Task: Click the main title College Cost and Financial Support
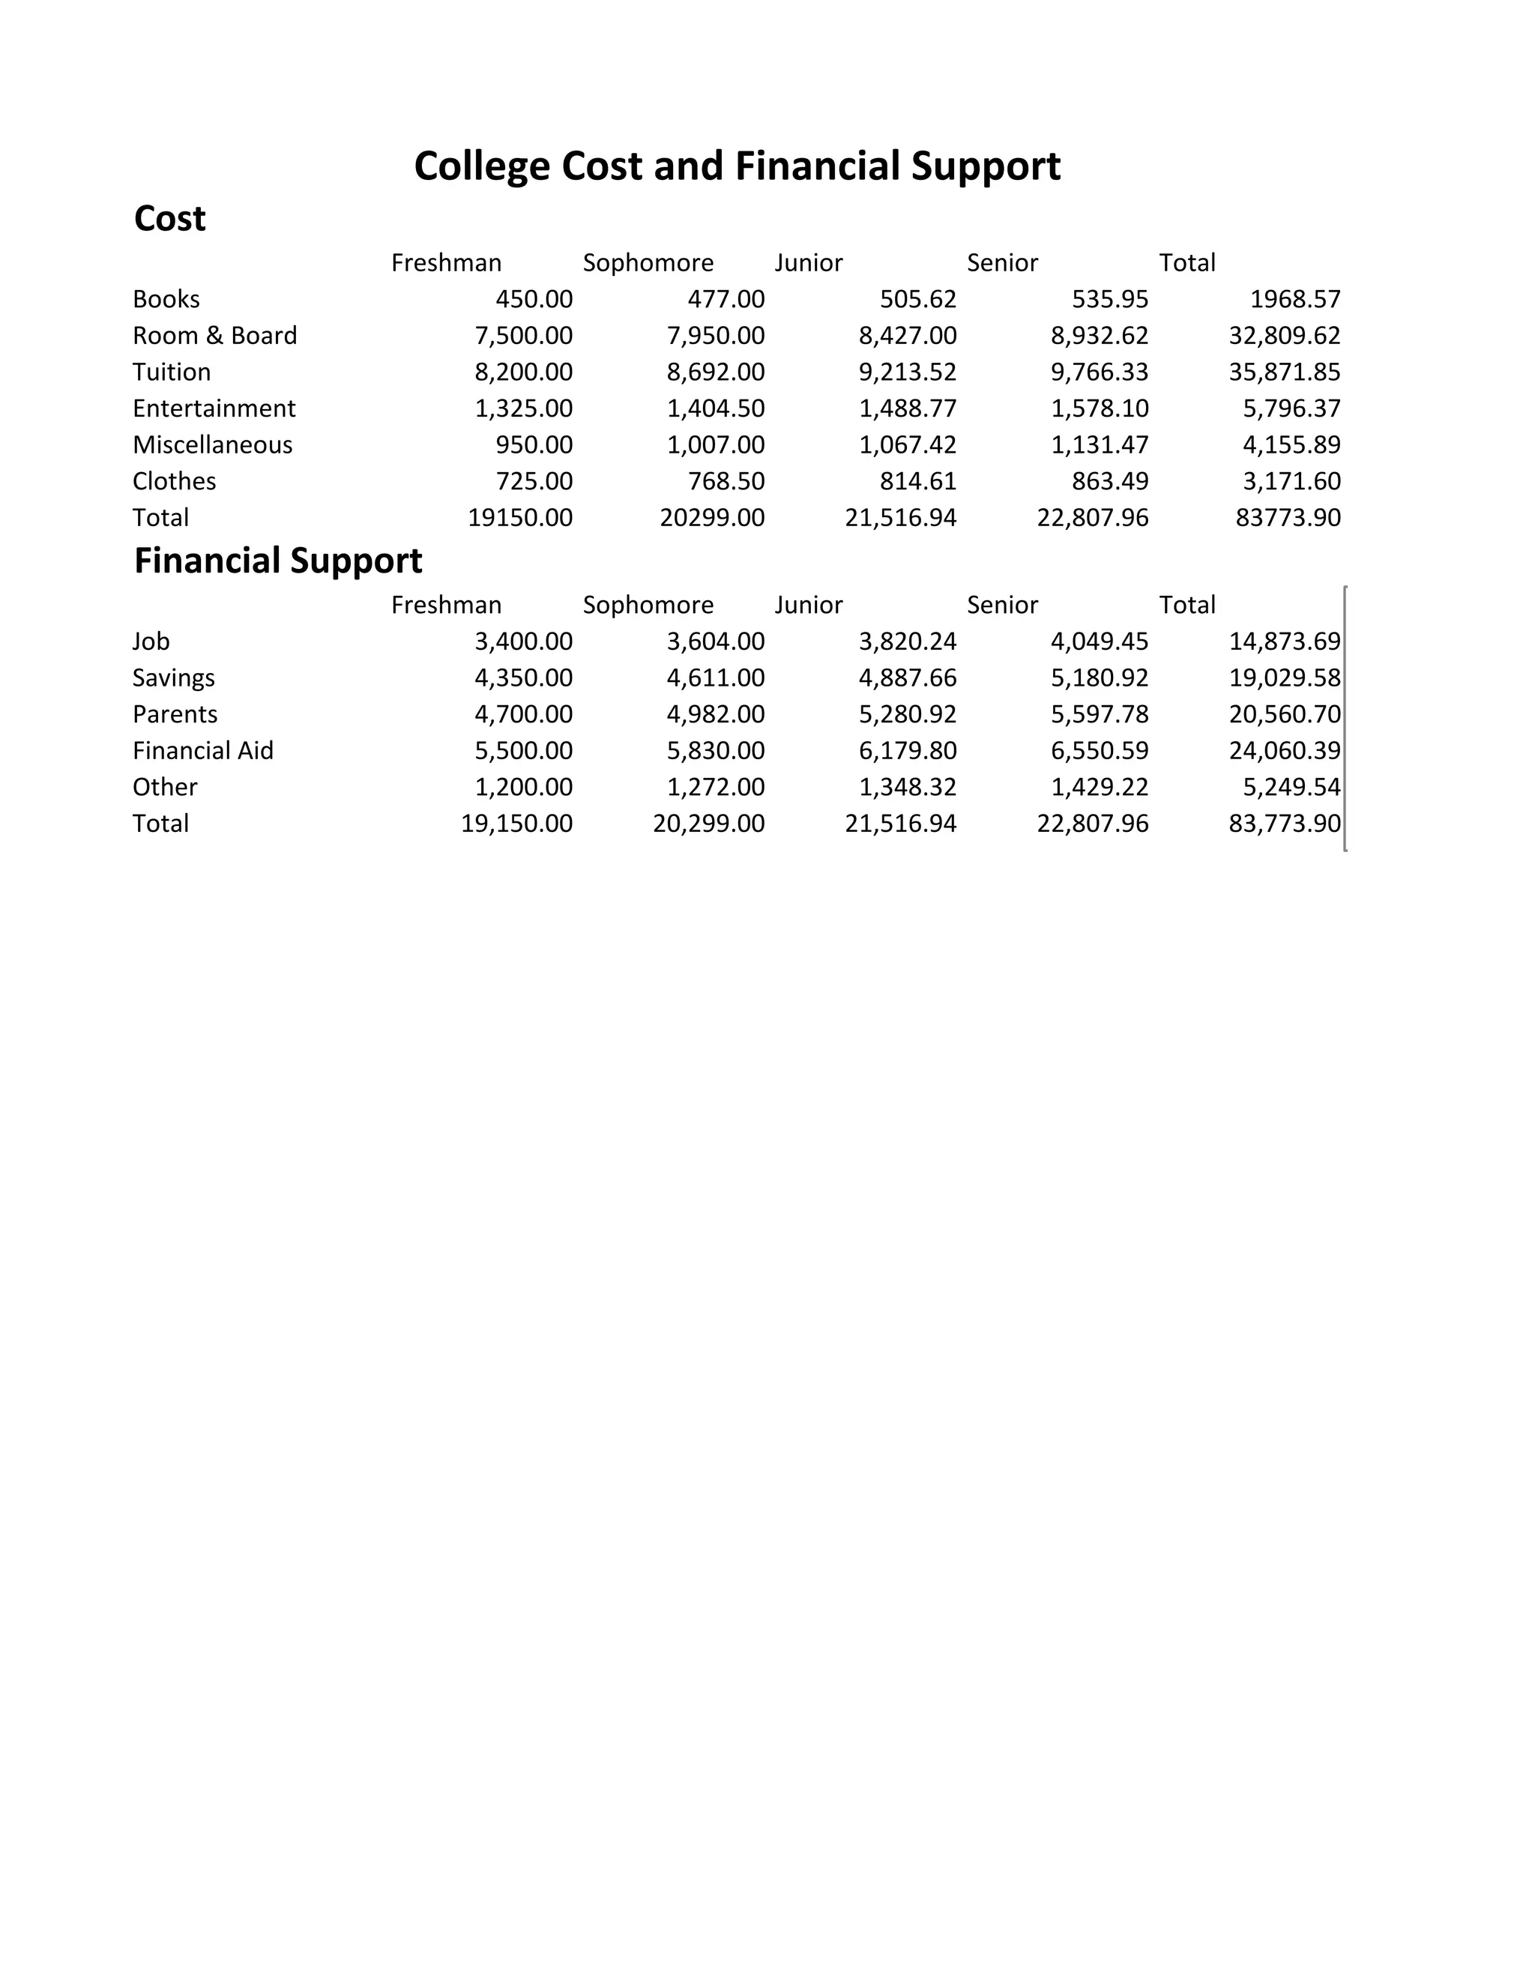[737, 166]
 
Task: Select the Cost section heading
[169, 219]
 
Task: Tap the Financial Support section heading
[277, 561]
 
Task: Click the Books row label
[166, 299]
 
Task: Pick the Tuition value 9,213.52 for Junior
[907, 372]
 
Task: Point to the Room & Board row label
[214, 336]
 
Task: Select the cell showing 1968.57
[1295, 299]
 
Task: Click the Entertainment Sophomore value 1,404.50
[716, 408]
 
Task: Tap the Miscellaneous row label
[212, 444]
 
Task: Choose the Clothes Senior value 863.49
[1109, 481]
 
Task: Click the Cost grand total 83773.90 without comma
[1288, 517]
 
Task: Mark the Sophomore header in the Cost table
[648, 263]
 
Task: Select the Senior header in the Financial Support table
[1002, 605]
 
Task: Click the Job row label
[151, 641]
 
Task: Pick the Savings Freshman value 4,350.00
[523, 677]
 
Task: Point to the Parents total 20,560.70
[1284, 713]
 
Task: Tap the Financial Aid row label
[203, 750]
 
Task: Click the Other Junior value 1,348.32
[907, 787]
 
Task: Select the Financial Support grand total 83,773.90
[1284, 823]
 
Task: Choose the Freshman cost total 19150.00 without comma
[520, 517]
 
